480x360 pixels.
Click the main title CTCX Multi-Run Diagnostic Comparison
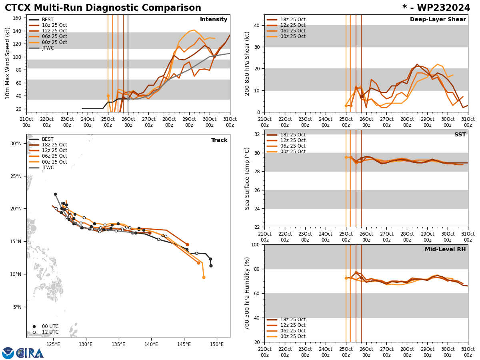pos(103,8)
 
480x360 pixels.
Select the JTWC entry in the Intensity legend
pos(48,48)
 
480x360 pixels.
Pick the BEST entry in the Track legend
pos(48,139)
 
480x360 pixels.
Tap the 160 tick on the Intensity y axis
pos(18,18)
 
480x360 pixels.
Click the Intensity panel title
pos(214,20)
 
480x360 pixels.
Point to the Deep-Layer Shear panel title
pos(438,20)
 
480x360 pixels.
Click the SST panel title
pos(460,135)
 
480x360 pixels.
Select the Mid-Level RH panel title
pos(445,250)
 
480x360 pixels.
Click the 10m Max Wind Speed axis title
pos(8,63)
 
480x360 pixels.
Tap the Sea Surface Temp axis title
pos(248,178)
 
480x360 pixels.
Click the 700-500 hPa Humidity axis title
pos(248,293)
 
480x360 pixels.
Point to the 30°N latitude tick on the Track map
pos(16,143)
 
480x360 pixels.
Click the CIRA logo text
pos(30,353)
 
